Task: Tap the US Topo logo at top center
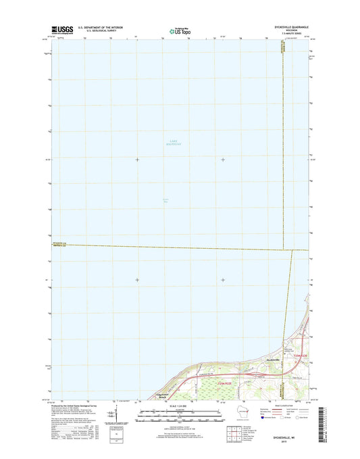[x=179, y=30]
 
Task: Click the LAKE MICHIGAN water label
[x=175, y=142]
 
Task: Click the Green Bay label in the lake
[x=165, y=199]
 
